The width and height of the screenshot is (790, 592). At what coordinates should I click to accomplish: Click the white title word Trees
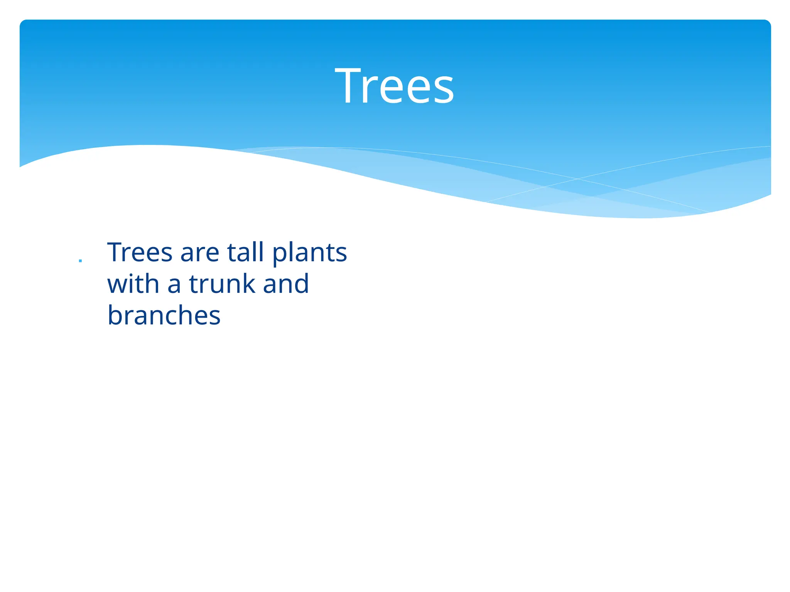[x=394, y=86]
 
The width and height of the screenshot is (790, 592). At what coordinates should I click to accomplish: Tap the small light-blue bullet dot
[x=80, y=261]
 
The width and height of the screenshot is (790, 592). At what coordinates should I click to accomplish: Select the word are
[x=199, y=254]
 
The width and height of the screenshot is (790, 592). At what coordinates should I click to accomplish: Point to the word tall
[x=246, y=252]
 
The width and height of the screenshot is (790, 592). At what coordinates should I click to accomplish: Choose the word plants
[x=309, y=254]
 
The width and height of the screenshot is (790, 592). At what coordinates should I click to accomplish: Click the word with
[x=133, y=284]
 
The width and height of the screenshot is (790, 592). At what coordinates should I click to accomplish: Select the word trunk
[x=222, y=284]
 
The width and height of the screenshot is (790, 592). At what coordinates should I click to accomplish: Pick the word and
[x=286, y=284]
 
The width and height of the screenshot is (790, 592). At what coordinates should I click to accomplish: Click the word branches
[x=164, y=315]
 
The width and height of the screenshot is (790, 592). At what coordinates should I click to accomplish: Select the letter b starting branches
[x=115, y=315]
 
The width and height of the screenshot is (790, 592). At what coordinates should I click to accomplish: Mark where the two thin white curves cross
[x=577, y=179]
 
